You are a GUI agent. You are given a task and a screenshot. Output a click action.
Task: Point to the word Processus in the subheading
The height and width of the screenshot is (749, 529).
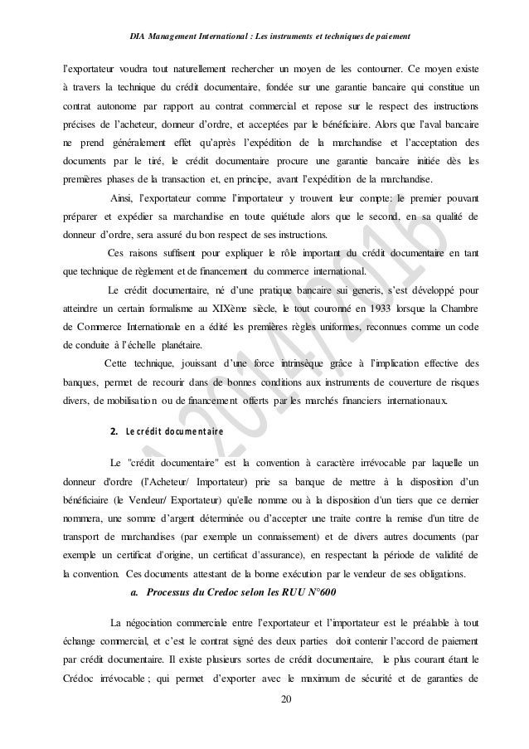coord(172,592)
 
